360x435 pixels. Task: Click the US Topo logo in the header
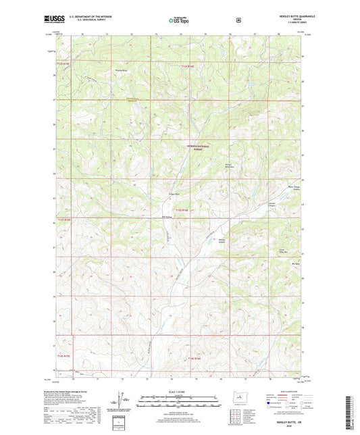(180, 20)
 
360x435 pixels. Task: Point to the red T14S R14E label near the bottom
(195, 358)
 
